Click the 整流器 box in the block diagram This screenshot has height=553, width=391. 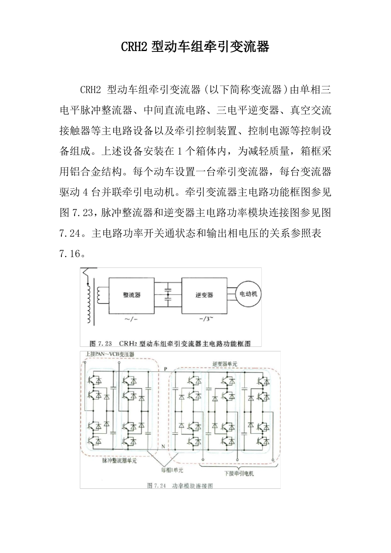132,295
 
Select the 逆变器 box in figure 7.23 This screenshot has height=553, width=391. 204,295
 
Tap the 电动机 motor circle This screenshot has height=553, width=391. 248,294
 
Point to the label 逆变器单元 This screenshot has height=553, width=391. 225,364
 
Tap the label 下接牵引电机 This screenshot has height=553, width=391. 239,473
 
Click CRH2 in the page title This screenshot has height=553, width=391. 134,47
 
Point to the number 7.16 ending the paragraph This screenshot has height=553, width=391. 70,254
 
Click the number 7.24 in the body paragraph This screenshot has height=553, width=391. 70,233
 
